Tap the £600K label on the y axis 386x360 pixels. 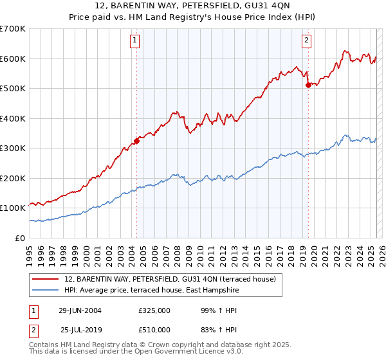13,59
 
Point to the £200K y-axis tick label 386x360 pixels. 13,178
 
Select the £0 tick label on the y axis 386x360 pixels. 19,238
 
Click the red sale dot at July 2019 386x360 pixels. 308,85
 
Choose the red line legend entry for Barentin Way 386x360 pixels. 170,279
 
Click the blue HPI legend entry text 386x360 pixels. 152,291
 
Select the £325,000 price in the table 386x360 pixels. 154,310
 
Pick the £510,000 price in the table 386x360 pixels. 154,329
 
